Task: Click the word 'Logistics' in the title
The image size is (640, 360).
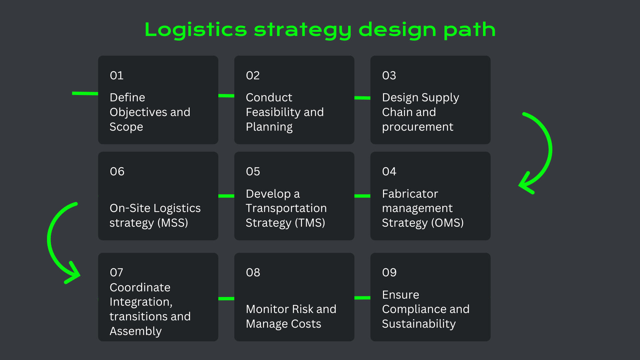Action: [x=196, y=30]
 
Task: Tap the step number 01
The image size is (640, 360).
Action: [x=117, y=76]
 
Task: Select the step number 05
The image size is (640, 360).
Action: [x=253, y=172]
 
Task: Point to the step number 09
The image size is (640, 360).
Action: [x=389, y=273]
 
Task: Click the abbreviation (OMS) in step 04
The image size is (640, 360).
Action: [x=447, y=223]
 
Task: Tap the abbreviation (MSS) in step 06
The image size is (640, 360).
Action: [x=173, y=223]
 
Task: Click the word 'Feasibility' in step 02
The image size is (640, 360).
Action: [x=273, y=112]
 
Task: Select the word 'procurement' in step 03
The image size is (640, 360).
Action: [x=418, y=127]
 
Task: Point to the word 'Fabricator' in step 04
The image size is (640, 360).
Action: [x=410, y=194]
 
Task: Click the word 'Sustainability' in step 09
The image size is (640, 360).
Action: [x=419, y=324]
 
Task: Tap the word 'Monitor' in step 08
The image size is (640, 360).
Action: [x=265, y=309]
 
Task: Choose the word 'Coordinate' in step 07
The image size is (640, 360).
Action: [x=140, y=288]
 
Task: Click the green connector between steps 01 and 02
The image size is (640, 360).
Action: [x=226, y=96]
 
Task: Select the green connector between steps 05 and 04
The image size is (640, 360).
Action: [x=362, y=196]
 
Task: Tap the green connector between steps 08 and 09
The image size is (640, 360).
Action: [x=362, y=298]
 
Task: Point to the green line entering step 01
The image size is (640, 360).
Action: [x=85, y=94]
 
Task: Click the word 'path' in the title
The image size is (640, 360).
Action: [x=469, y=30]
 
